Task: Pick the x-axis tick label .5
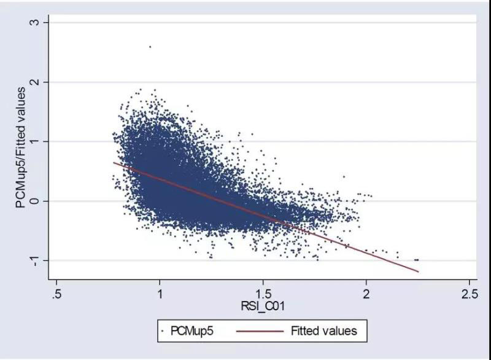pyautogui.click(x=56, y=293)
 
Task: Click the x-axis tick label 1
pyautogui.click(x=160, y=293)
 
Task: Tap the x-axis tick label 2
pyautogui.click(x=366, y=293)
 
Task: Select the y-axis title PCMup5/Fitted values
pyautogui.click(x=21, y=147)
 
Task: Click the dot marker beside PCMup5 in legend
pyautogui.click(x=162, y=331)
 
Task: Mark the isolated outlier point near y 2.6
pyautogui.click(x=150, y=46)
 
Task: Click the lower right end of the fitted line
pyautogui.click(x=418, y=272)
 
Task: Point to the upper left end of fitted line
pyautogui.click(x=114, y=162)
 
